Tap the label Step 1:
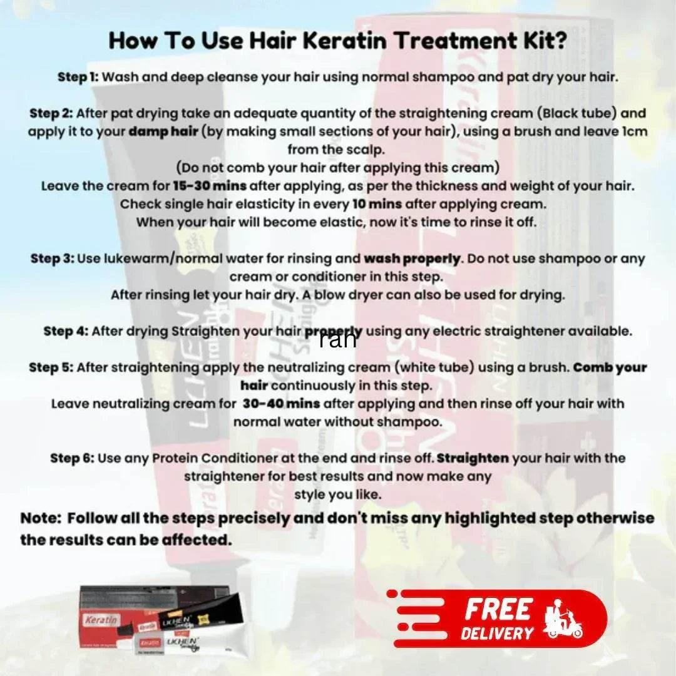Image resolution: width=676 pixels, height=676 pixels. (x=78, y=78)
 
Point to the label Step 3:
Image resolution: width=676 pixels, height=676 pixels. (x=52, y=259)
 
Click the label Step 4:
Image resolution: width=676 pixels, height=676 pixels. (x=66, y=331)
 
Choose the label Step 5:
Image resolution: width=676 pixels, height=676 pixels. (x=51, y=368)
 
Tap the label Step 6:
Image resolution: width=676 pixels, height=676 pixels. (x=73, y=458)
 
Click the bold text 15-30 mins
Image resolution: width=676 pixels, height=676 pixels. (x=210, y=187)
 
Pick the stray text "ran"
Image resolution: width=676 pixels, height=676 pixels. (x=337, y=340)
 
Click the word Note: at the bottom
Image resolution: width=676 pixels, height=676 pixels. (x=41, y=519)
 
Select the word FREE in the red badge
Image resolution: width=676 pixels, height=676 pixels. (x=498, y=609)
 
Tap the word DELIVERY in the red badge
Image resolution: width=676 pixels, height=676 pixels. (x=497, y=633)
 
